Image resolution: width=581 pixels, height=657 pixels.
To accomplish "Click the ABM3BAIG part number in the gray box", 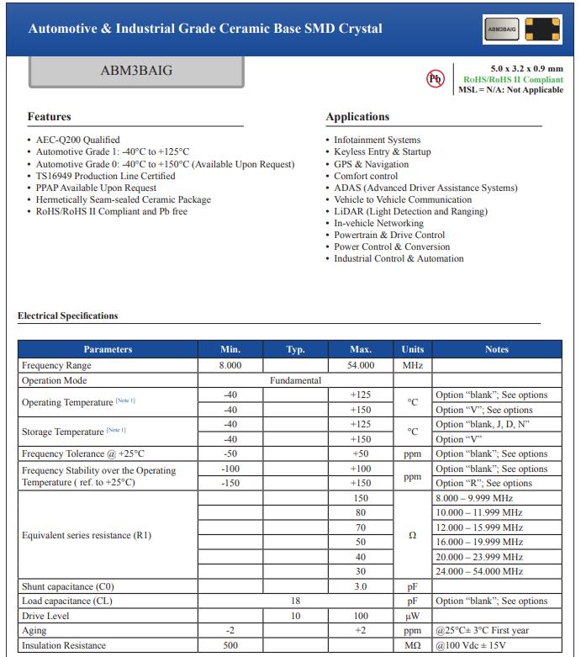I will coord(136,71).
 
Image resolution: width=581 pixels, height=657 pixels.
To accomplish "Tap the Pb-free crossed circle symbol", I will coord(436,78).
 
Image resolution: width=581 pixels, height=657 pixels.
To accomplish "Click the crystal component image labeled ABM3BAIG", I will coord(522,29).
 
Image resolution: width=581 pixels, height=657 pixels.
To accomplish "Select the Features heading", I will coord(50,117).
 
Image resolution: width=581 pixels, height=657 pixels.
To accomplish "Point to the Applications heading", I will coord(357,117).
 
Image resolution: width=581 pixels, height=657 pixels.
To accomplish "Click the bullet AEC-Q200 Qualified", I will coord(77,140).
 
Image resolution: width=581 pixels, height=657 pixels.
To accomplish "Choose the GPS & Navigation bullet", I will coord(371,164).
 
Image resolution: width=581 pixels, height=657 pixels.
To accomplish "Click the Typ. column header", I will coord(295,350).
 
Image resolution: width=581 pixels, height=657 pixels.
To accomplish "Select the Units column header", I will coord(413,350).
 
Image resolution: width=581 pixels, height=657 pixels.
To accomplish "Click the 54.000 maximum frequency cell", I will coord(361,366).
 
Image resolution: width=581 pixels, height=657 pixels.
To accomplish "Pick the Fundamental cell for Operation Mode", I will coord(295,380).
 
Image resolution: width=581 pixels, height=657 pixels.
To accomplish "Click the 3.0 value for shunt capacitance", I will coord(361,586).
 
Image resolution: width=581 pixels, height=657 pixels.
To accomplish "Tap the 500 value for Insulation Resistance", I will coord(230,645).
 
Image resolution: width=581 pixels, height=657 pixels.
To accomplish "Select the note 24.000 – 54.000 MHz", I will coord(478,571).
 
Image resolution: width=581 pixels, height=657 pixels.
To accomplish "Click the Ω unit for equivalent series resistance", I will coord(413,535).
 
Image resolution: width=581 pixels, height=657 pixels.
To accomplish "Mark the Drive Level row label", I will coord(46,616).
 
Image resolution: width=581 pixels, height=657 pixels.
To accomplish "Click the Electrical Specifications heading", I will coord(68,316).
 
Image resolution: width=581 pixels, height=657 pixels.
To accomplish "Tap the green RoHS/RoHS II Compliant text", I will coord(513,79).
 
